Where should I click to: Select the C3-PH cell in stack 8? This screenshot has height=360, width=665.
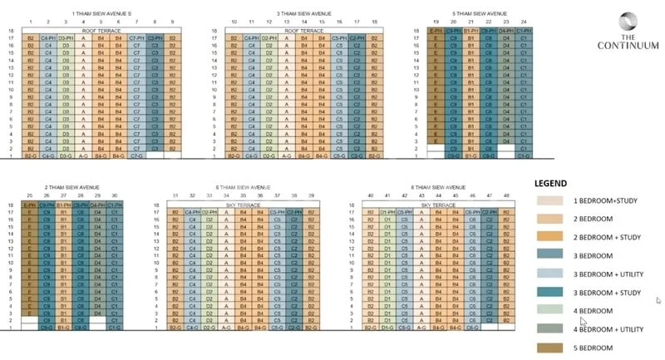click(x=155, y=39)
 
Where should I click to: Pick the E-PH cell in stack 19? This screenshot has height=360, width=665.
click(x=435, y=31)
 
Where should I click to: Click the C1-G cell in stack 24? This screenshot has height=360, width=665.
click(x=524, y=155)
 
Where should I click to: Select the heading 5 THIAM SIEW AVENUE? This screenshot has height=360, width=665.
click(x=478, y=14)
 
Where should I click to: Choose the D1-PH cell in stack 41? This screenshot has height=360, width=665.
click(x=387, y=213)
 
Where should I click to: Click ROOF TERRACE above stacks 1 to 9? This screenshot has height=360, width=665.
click(x=101, y=30)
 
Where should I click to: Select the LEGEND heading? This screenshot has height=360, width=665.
click(x=552, y=183)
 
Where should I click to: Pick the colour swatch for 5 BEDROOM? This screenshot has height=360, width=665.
click(x=550, y=348)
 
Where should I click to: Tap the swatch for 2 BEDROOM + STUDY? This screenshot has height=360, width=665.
click(x=550, y=237)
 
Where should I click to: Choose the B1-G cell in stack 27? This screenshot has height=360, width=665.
click(x=63, y=328)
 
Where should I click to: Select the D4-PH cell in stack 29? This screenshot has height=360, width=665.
click(x=98, y=205)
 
